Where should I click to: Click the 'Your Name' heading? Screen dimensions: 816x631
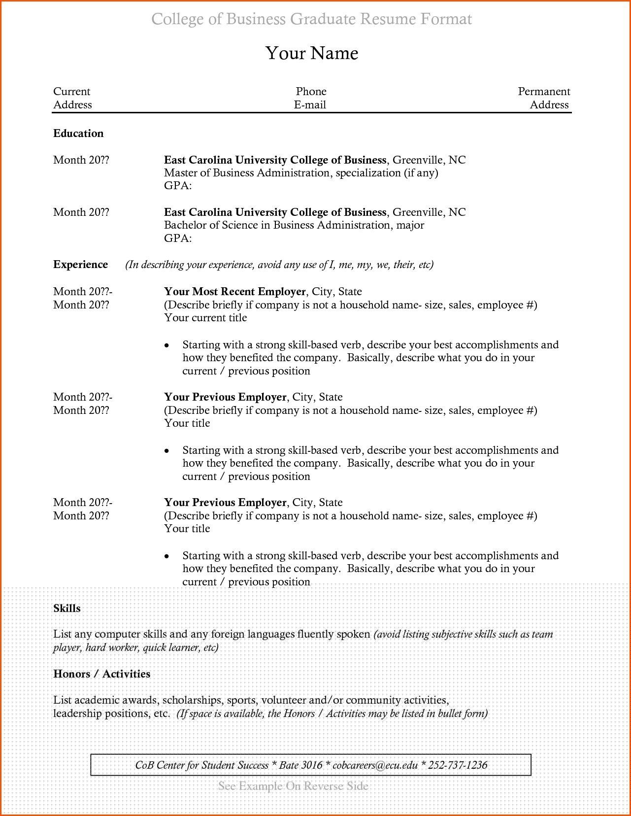pos(312,53)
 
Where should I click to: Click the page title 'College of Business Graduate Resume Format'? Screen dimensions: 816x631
pos(311,19)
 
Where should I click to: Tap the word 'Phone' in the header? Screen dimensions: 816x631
pos(311,92)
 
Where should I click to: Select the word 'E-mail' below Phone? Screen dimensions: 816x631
pos(310,105)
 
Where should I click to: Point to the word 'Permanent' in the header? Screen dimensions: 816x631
pos(544,92)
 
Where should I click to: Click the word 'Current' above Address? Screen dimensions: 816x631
pos(72,92)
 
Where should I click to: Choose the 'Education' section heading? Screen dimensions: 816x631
pos(78,134)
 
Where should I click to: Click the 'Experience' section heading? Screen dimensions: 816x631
pos(80,265)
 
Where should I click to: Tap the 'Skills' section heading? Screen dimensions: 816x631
pos(67,609)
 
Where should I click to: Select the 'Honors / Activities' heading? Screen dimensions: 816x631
pos(101,674)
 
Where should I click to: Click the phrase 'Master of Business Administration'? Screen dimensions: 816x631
pos(247,173)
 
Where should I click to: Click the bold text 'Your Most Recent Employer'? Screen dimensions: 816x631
pos(235,292)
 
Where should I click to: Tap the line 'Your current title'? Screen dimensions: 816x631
pos(205,318)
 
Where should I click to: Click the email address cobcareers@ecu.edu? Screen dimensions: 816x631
pos(375,765)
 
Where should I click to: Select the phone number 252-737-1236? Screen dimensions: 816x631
pos(458,765)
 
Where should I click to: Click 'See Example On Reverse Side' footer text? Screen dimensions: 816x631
pos(293,786)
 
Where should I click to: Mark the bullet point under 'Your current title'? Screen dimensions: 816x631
pos(167,345)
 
